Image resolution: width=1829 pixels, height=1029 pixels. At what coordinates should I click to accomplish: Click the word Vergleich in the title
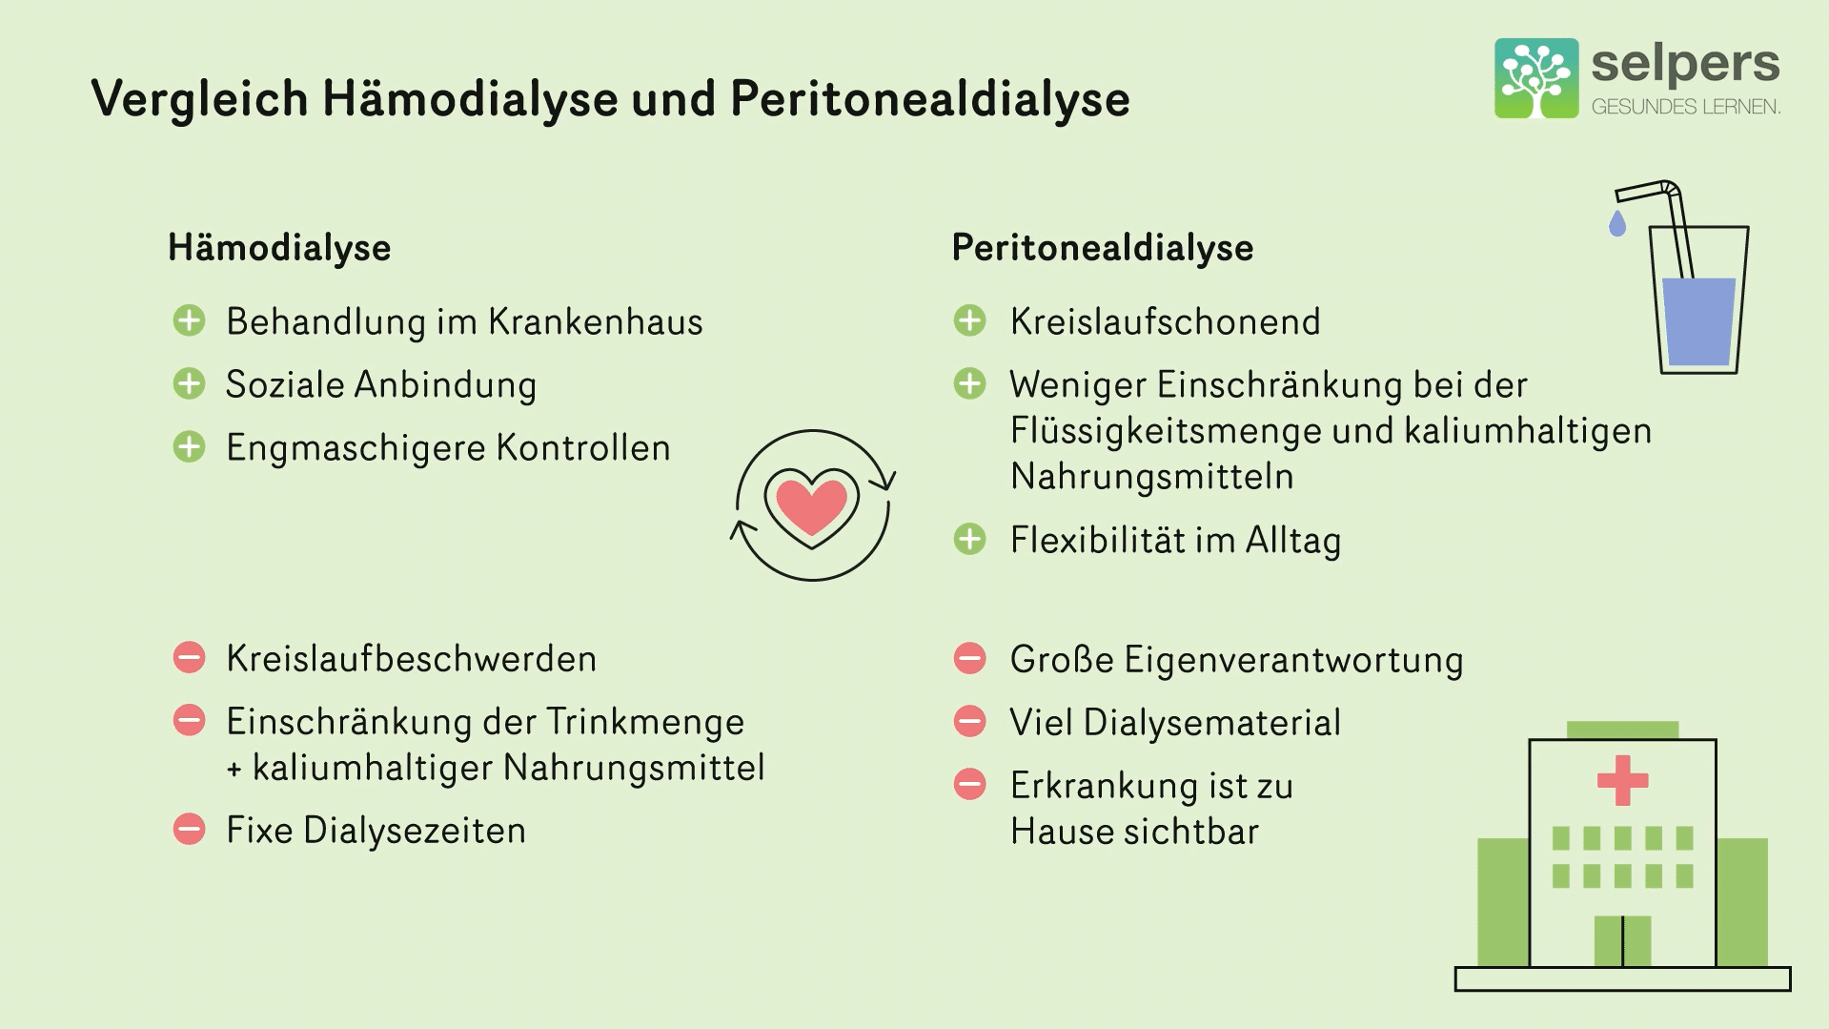(x=199, y=99)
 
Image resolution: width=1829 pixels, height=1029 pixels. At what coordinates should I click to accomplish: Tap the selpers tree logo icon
(x=1536, y=78)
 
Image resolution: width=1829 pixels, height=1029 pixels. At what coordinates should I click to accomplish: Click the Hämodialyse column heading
(x=279, y=248)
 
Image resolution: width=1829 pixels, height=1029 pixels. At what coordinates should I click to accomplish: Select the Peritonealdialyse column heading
(x=1103, y=248)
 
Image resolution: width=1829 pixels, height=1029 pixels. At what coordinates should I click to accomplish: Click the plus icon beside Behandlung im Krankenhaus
(x=189, y=321)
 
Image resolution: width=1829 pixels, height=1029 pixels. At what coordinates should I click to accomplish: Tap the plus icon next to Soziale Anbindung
(x=189, y=384)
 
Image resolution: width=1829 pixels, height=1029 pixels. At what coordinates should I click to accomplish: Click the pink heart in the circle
(x=811, y=504)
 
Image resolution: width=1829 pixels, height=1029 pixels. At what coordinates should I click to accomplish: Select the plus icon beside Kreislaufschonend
(x=969, y=321)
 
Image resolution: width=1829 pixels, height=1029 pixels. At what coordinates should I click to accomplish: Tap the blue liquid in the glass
(x=1698, y=321)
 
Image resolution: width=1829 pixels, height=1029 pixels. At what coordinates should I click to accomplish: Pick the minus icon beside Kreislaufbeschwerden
(x=189, y=658)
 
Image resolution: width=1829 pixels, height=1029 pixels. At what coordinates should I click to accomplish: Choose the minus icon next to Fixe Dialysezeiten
(x=189, y=830)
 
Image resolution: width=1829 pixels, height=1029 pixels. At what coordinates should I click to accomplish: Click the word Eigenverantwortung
(x=1293, y=660)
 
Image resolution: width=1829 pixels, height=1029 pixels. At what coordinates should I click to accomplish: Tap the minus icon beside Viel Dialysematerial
(x=969, y=721)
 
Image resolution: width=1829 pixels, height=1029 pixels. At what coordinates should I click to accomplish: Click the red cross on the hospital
(x=1622, y=780)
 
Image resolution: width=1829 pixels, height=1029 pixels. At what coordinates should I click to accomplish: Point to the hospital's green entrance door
(x=1622, y=941)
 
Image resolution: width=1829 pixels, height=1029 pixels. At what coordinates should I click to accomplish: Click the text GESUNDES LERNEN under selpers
(x=1686, y=107)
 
